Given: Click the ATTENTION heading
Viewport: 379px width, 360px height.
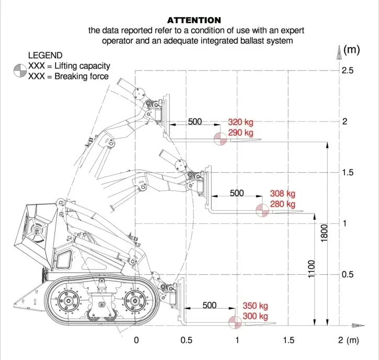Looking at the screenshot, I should pyautogui.click(x=194, y=20).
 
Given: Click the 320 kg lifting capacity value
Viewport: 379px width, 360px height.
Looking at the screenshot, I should pyautogui.click(x=240, y=122).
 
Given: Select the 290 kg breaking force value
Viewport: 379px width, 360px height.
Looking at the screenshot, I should pyautogui.click(x=240, y=133).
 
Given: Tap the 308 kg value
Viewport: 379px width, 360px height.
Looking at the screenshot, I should pyautogui.click(x=283, y=194).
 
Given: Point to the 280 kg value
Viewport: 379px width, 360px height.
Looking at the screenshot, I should pyautogui.click(x=283, y=204).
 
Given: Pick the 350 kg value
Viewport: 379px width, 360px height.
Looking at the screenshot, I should pyautogui.click(x=255, y=306).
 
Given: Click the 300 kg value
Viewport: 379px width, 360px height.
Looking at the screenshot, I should pyautogui.click(x=255, y=317).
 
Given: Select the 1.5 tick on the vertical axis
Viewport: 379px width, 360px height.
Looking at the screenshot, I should pyautogui.click(x=348, y=173).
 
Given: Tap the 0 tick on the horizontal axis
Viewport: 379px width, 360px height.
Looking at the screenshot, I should pyautogui.click(x=136, y=341).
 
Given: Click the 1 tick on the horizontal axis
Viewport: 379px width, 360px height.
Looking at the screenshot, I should pyautogui.click(x=237, y=341).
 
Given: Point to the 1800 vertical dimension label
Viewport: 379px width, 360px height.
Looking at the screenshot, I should pyautogui.click(x=325, y=233).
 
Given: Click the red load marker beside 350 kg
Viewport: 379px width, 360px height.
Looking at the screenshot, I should pyautogui.click(x=234, y=322).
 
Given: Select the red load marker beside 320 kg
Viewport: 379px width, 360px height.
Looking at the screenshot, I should pyautogui.click(x=220, y=139).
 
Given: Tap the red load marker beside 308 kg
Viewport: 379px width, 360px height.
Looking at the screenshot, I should pyautogui.click(x=262, y=210).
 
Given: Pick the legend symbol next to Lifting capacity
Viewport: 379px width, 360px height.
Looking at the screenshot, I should pyautogui.click(x=19, y=68).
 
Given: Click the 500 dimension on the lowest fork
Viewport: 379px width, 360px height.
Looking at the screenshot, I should pyautogui.click(x=209, y=306).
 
